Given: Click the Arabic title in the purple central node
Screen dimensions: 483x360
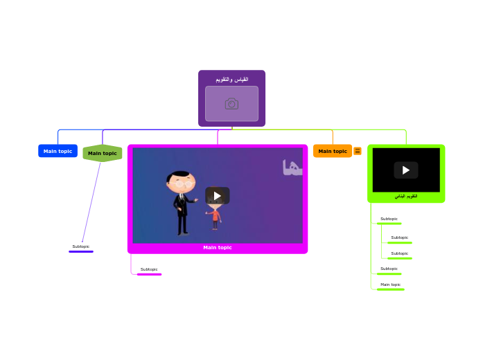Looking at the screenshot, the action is (231, 80).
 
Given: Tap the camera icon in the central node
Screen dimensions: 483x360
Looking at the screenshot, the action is (231, 104).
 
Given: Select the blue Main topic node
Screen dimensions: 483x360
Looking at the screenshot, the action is (58, 151).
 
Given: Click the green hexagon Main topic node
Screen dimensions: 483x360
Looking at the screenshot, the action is (103, 153).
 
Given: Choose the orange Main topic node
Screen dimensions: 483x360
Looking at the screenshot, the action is (333, 151).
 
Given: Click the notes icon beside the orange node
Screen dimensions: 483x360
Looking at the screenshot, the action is (358, 151).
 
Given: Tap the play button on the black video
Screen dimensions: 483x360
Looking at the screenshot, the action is (406, 170).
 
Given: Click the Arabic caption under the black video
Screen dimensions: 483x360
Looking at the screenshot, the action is (406, 197).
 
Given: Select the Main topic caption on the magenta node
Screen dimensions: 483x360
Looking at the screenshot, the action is (218, 247).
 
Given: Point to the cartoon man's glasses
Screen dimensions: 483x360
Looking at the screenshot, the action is (183, 184).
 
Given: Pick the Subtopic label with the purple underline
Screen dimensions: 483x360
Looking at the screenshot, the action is (80, 246).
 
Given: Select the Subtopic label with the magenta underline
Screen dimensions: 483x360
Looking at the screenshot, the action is (149, 269).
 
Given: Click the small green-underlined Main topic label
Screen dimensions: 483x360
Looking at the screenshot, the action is (390, 285).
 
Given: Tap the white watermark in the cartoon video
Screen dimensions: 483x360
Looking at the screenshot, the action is (292, 168).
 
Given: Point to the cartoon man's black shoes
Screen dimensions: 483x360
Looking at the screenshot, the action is (182, 233).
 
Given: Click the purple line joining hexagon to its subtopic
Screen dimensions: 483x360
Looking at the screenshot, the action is (91, 201).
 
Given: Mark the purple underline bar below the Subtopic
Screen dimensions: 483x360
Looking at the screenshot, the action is (81, 251).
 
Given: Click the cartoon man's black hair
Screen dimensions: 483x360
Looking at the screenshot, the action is (181, 174).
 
